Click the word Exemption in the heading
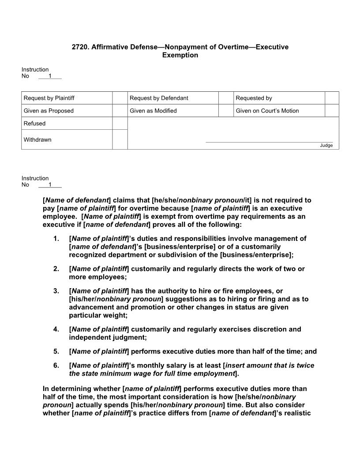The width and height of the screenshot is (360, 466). tap(180, 55)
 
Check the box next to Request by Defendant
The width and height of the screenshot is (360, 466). tap(226, 98)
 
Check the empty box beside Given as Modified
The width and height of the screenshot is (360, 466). tap(226, 111)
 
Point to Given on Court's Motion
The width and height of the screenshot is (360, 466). tap(267, 111)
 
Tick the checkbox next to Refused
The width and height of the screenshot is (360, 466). tap(120, 124)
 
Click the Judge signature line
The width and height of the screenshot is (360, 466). tap(269, 142)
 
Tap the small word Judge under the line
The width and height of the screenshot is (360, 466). tap(326, 146)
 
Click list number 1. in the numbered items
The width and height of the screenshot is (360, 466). tap(56, 239)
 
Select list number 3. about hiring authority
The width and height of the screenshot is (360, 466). tap(56, 291)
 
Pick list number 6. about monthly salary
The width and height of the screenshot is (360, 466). tap(56, 366)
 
